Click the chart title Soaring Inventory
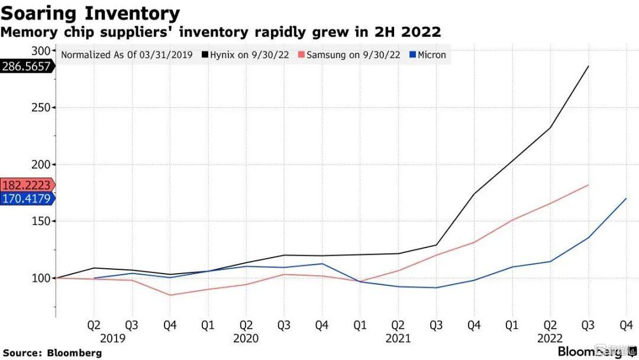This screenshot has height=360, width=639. [x=90, y=12]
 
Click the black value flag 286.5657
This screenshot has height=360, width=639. [x=27, y=66]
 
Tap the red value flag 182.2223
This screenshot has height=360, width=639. [x=27, y=185]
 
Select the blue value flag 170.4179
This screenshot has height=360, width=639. [x=27, y=198]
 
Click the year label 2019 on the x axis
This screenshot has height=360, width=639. [x=112, y=339]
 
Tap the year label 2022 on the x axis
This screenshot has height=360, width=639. [x=550, y=339]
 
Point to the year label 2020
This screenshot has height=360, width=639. [x=246, y=339]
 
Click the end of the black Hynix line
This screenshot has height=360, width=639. [x=588, y=66]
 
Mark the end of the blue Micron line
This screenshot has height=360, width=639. [x=625, y=198]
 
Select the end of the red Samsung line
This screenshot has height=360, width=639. [x=588, y=185]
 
